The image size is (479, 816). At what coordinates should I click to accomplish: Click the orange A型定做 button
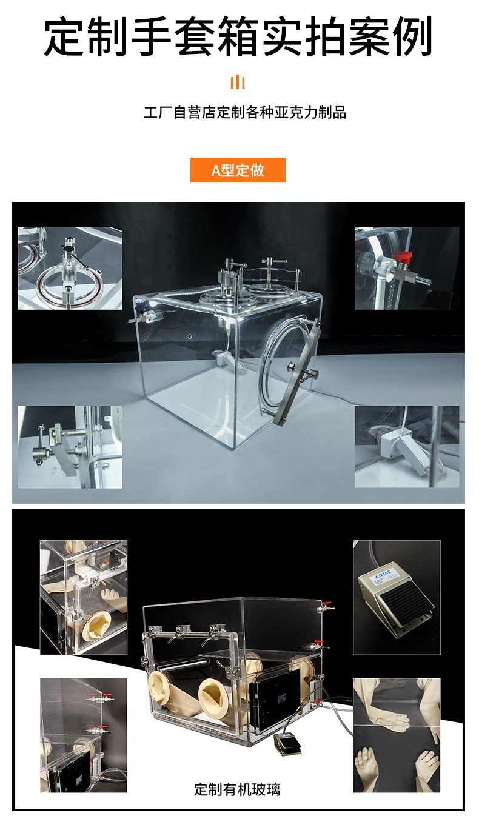click(238, 170)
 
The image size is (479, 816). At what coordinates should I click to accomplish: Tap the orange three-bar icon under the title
click(238, 82)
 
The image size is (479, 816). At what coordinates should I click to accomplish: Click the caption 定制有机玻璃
click(237, 789)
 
